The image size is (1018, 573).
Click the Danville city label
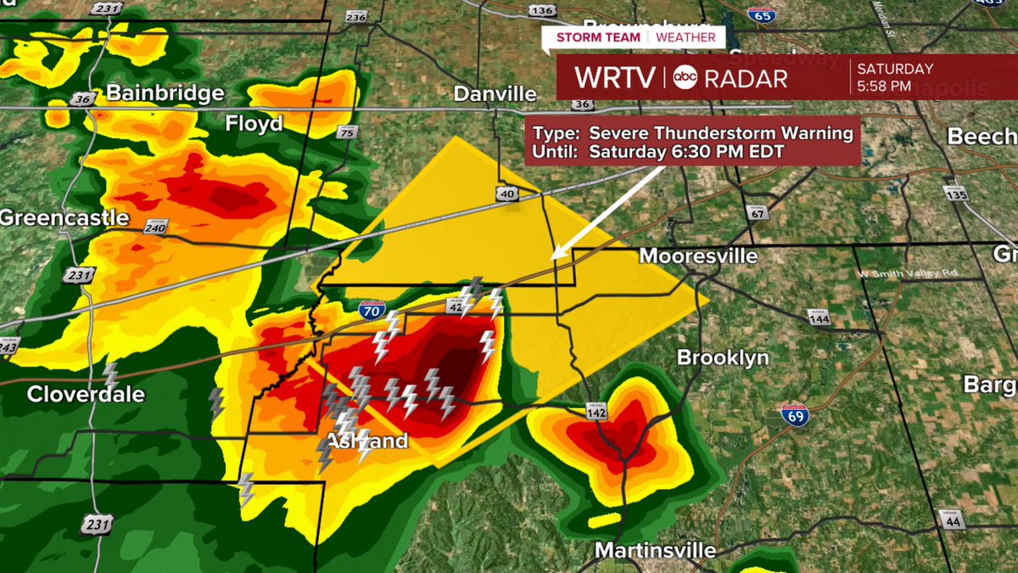click(x=495, y=94)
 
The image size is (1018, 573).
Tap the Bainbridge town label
click(x=154, y=93)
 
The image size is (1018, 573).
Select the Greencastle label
click(x=64, y=218)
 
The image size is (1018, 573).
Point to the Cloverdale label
click(x=86, y=395)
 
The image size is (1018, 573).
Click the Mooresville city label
click(x=698, y=256)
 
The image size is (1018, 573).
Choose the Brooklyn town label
click(x=723, y=358)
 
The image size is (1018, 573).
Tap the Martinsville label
click(x=655, y=550)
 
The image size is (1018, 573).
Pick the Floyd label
click(x=254, y=125)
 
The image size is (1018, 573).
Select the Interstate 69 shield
click(x=794, y=415)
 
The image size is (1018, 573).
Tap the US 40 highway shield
click(x=507, y=195)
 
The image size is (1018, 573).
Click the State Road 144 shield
click(x=819, y=317)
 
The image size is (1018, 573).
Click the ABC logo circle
click(x=685, y=78)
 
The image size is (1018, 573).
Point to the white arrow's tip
click(x=553, y=256)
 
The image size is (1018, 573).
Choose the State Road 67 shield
click(x=758, y=212)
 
